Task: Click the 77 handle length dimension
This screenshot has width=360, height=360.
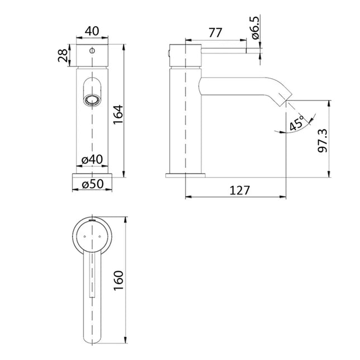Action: click(214, 33)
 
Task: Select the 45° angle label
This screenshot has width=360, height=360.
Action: click(297, 123)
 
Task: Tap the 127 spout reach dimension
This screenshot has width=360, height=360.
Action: click(238, 190)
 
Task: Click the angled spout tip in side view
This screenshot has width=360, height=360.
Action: click(282, 99)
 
